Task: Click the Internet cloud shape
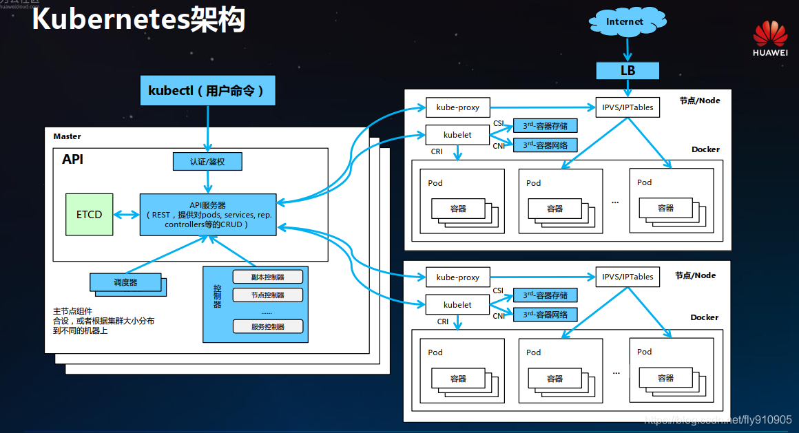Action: pyautogui.click(x=625, y=21)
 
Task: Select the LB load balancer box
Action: pyautogui.click(x=627, y=70)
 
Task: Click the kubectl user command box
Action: pyautogui.click(x=207, y=90)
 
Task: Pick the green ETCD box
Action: pyautogui.click(x=89, y=214)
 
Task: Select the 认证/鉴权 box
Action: pyautogui.click(x=207, y=162)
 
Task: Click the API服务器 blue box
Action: pyautogui.click(x=207, y=214)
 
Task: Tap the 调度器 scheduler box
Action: pyautogui.click(x=125, y=282)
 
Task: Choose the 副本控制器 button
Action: pyautogui.click(x=268, y=277)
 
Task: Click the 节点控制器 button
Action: pyautogui.click(x=268, y=295)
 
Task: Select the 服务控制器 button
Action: pyautogui.click(x=268, y=326)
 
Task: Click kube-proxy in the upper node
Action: pyautogui.click(x=458, y=107)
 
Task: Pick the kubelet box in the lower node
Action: pyautogui.click(x=458, y=304)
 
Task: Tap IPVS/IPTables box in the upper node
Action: pyautogui.click(x=627, y=107)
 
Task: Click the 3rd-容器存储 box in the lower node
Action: pyautogui.click(x=545, y=295)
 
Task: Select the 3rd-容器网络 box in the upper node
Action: pyautogui.click(x=545, y=145)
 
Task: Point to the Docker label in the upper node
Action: pyautogui.click(x=705, y=149)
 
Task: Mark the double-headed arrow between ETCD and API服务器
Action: pyautogui.click(x=126, y=214)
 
